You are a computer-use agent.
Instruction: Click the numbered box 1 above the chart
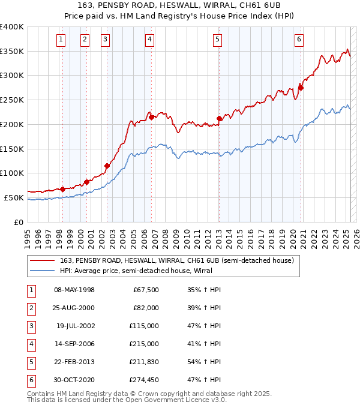click(62, 40)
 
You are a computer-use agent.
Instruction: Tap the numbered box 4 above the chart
click(149, 40)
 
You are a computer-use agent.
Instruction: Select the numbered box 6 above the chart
click(299, 40)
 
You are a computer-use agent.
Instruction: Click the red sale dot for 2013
click(220, 119)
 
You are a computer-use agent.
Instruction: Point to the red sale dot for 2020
click(301, 88)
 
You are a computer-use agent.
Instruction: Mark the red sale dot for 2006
click(152, 117)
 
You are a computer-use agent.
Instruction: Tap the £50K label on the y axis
click(14, 197)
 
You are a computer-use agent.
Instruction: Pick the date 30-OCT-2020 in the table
click(74, 380)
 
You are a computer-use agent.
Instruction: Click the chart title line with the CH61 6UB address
click(180, 6)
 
